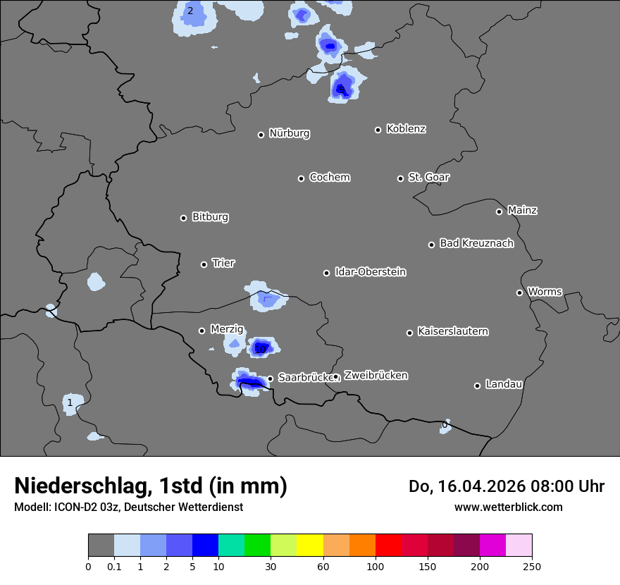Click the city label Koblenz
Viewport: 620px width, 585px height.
pyautogui.click(x=407, y=129)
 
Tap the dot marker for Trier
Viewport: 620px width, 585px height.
pyautogui.click(x=204, y=264)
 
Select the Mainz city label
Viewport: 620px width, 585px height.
pyautogui.click(x=522, y=210)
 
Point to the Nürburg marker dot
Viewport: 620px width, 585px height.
pyautogui.click(x=261, y=135)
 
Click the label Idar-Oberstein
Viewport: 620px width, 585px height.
pyautogui.click(x=370, y=272)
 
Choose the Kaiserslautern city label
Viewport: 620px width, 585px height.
pyautogui.click(x=452, y=331)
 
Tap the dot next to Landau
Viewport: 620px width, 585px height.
pyautogui.click(x=477, y=386)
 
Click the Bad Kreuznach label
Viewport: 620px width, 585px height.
pyautogui.click(x=476, y=243)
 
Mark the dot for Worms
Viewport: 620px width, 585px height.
pyautogui.click(x=519, y=292)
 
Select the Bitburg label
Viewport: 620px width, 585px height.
pyautogui.click(x=210, y=217)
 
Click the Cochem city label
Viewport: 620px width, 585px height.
pyautogui.click(x=330, y=177)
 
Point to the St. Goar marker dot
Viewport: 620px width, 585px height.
pyautogui.click(x=400, y=178)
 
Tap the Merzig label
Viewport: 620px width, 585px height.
pyautogui.click(x=227, y=329)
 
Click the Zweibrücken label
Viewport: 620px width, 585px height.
pyautogui.click(x=376, y=376)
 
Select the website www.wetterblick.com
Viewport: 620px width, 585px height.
pyautogui.click(x=508, y=507)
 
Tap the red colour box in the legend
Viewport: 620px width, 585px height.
pyautogui.click(x=388, y=546)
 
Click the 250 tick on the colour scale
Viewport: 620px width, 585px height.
pyautogui.click(x=532, y=566)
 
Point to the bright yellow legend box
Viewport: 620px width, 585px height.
pyautogui.click(x=310, y=546)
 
